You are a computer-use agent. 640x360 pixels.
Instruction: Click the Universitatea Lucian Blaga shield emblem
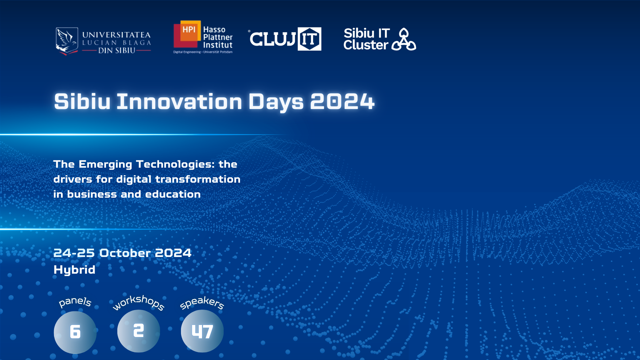[67, 41]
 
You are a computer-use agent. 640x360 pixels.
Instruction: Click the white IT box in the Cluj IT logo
[309, 39]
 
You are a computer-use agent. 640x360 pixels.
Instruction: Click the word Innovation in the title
[179, 101]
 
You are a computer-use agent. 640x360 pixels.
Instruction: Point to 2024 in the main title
[342, 101]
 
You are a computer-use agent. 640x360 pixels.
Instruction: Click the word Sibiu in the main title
[82, 101]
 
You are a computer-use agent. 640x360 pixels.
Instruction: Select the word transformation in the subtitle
[198, 179]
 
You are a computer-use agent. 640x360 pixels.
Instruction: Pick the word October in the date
[125, 253]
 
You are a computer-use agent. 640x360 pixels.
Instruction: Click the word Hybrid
[74, 270]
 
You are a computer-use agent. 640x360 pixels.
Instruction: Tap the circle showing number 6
[75, 332]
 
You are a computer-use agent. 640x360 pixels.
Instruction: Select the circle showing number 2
[139, 331]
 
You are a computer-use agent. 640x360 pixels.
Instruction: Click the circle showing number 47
[202, 331]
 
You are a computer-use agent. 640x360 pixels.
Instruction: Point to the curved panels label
[75, 302]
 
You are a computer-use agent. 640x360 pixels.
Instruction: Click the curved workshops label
[139, 302]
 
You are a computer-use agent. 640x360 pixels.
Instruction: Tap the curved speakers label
[202, 303]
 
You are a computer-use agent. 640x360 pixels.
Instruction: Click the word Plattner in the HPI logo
[218, 37]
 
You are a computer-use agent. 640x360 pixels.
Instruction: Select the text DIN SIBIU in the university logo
[117, 51]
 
